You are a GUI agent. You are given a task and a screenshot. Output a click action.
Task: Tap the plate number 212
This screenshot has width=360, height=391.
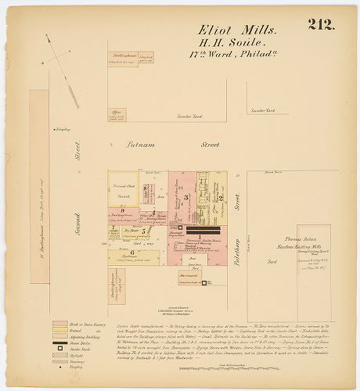pyautogui.click(x=321, y=23)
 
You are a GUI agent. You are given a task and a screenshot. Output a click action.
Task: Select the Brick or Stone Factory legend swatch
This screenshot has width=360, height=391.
pyautogui.click(x=60, y=323)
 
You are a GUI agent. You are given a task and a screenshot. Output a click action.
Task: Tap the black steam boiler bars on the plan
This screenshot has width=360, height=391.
pyautogui.click(x=204, y=232)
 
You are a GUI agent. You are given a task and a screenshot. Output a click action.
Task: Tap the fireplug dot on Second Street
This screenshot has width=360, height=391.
pyautogui.click(x=53, y=129)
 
